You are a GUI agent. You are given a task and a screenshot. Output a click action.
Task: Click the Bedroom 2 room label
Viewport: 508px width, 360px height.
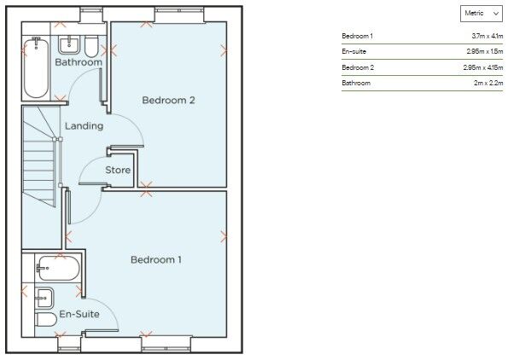[x=168, y=101]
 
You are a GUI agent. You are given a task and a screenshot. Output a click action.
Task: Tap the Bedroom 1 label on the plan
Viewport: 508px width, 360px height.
[x=156, y=259]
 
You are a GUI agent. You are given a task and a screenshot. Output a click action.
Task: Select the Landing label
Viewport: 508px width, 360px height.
[x=85, y=126]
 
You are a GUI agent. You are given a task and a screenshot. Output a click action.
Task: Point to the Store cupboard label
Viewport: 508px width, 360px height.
[x=118, y=170]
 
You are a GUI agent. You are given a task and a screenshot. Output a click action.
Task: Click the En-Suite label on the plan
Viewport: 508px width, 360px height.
[x=79, y=314]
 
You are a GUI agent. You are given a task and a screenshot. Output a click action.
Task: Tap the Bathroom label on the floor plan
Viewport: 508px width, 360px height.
[x=79, y=61]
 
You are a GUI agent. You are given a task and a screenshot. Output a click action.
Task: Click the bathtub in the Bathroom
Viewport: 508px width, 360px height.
[x=36, y=67]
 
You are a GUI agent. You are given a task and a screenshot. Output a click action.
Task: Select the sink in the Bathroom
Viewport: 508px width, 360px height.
[x=70, y=45]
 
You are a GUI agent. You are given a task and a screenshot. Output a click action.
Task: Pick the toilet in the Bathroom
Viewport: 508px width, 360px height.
[x=91, y=47]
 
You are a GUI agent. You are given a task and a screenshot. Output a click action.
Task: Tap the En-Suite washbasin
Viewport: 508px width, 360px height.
[x=44, y=299]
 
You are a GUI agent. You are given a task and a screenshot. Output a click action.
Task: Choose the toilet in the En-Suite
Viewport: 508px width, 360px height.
[x=46, y=320]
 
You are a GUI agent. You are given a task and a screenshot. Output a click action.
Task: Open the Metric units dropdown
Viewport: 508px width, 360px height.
[x=482, y=14]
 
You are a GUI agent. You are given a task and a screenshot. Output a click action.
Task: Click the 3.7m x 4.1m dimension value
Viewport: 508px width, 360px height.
[x=488, y=36]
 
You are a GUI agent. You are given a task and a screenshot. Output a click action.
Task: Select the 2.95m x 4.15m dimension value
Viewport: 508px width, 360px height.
[x=483, y=67]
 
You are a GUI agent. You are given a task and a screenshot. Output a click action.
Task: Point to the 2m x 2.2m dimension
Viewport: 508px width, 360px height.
[x=488, y=83]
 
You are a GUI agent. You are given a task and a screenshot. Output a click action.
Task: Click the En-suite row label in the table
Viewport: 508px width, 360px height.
[x=353, y=51]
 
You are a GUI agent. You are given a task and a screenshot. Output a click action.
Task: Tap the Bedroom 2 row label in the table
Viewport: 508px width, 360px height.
[x=358, y=67]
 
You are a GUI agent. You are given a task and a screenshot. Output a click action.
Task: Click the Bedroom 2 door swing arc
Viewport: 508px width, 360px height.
[x=134, y=124]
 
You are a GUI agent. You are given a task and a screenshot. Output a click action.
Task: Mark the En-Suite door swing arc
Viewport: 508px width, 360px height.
[x=109, y=307]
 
